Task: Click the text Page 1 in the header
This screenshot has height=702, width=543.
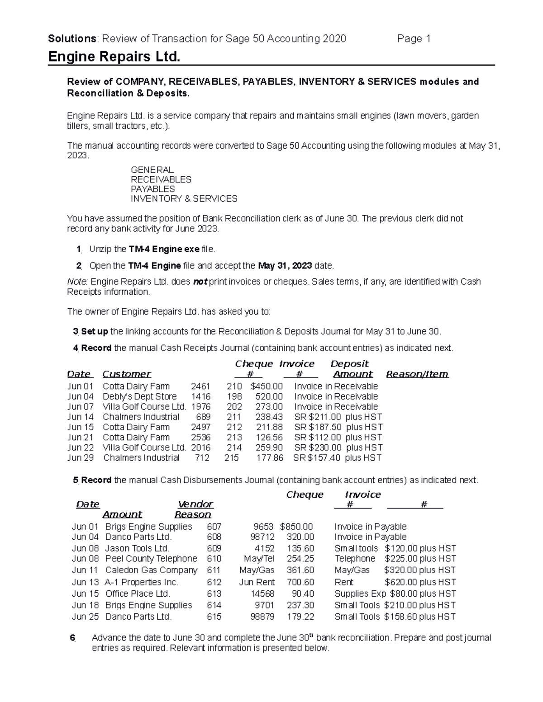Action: [413, 38]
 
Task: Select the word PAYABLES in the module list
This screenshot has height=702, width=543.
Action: [152, 189]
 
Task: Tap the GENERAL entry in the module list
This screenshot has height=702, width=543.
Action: [152, 170]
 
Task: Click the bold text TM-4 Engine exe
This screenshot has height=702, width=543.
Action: [164, 249]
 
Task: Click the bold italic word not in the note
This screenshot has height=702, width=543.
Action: [200, 282]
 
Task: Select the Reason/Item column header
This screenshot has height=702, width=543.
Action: [417, 374]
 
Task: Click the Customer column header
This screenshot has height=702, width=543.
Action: [127, 374]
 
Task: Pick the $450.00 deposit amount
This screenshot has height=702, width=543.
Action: [266, 386]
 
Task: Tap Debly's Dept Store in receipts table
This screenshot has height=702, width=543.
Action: [139, 396]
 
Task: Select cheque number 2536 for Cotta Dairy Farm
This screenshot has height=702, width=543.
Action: [200, 437]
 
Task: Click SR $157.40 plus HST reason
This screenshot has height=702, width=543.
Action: [337, 457]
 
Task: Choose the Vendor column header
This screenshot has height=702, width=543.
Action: [195, 504]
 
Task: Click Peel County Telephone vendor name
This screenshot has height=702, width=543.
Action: [151, 559]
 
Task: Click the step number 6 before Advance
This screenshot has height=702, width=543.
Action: [71, 638]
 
